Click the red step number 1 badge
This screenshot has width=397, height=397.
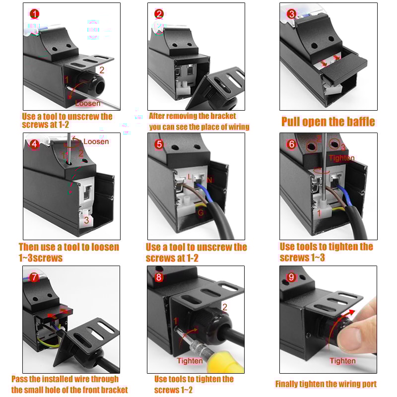click(x=34, y=13)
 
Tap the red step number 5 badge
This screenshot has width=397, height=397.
click(x=159, y=144)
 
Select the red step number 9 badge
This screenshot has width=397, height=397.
click(x=291, y=277)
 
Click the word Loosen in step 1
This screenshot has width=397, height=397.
click(x=87, y=103)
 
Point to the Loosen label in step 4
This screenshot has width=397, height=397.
click(x=96, y=141)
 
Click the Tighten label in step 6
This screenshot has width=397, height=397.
click(x=341, y=158)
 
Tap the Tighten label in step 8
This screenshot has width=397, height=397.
click(x=190, y=361)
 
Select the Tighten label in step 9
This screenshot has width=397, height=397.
click(x=343, y=361)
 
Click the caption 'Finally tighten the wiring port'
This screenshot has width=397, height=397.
click(x=326, y=384)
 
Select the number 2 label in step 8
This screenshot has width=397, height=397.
click(x=224, y=307)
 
